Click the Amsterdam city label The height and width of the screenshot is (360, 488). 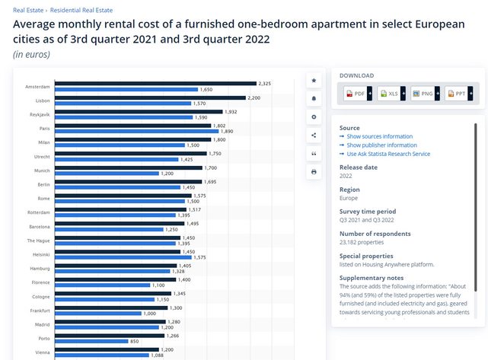coord(37,87)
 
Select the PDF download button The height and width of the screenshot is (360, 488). coord(355,94)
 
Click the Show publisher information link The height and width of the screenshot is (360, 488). coord(381,145)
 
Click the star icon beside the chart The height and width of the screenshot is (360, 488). coord(314,80)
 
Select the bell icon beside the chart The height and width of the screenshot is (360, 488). coord(314,99)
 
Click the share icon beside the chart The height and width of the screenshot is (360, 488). coord(314,135)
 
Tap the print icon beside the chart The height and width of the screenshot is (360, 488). coord(314,172)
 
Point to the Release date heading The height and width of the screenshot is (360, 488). coord(358,167)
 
